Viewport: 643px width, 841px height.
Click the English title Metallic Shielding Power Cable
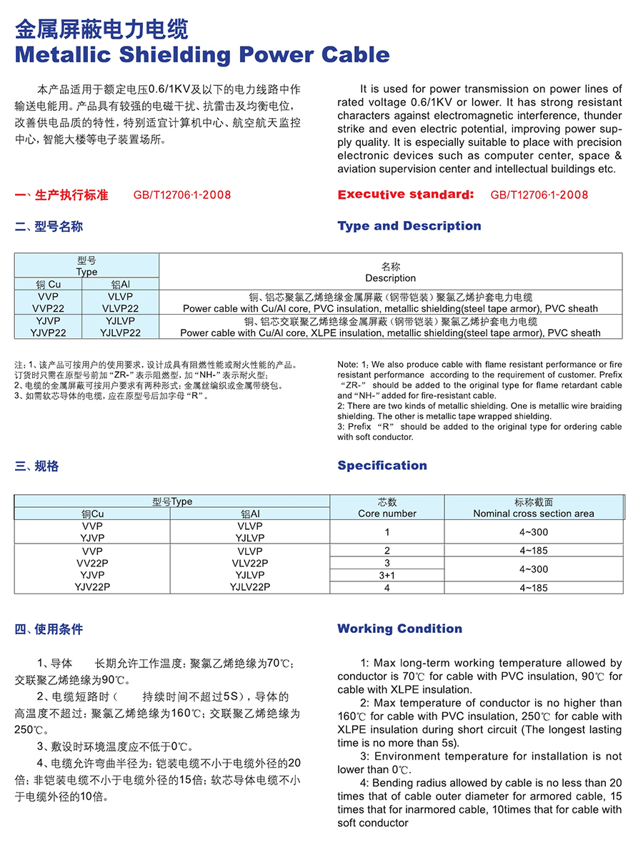pos(202,54)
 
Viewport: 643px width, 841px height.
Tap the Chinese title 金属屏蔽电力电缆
pos(101,29)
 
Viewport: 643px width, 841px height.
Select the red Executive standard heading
pos(405,195)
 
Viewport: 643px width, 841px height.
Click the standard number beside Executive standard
pos(539,195)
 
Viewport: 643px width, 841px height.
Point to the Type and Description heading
pos(409,226)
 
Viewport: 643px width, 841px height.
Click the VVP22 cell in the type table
pos(49,308)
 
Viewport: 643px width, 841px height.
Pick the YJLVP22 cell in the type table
pos(121,333)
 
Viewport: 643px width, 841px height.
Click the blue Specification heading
pos(382,466)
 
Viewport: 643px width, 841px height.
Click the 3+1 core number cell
pos(387,575)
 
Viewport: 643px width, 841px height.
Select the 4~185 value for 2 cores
pos(534,551)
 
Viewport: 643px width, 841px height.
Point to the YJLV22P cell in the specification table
pos(249,587)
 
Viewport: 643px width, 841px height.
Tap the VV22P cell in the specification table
pos(92,563)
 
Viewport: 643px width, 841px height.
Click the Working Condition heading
pos(399,629)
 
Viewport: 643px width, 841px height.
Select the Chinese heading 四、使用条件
pos(49,629)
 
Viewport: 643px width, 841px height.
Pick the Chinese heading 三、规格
pos(36,466)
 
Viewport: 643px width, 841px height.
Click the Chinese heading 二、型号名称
pos(49,227)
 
